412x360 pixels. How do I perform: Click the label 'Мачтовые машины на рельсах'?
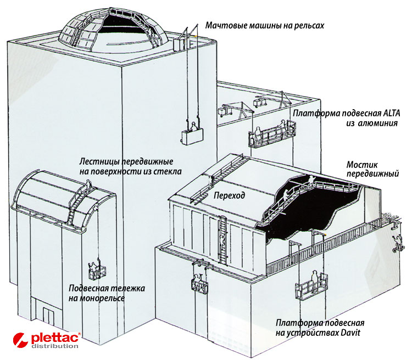coord(265,25)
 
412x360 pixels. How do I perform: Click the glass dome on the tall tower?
coord(113,29)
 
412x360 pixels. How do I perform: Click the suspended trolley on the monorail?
coord(97,271)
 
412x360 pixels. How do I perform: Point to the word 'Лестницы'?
coord(97,162)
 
